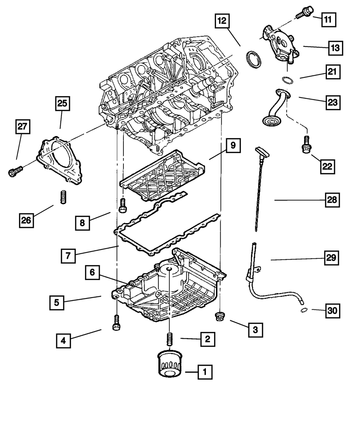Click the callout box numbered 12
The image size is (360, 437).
click(x=222, y=21)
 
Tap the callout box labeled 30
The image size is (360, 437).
click(x=333, y=311)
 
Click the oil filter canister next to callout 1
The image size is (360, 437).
click(x=168, y=364)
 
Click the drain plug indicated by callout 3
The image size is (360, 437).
click(x=219, y=317)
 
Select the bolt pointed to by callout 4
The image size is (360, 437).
click(x=116, y=322)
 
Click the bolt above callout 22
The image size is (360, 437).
click(x=306, y=145)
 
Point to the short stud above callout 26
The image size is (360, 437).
click(x=63, y=197)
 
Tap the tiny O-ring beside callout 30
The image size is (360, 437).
click(x=303, y=310)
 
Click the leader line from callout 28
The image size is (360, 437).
click(x=299, y=200)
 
